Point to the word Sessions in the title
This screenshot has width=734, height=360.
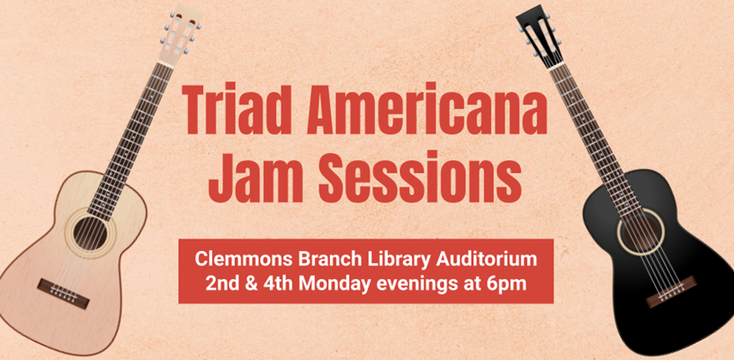[420, 177]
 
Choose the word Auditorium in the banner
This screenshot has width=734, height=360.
[487, 259]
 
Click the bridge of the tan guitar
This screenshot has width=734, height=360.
[64, 294]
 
